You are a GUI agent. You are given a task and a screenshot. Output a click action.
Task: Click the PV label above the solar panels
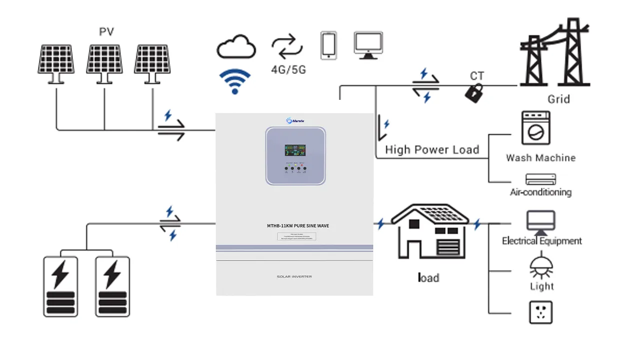tap(106, 32)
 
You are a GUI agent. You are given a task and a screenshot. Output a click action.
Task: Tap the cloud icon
tap(236, 47)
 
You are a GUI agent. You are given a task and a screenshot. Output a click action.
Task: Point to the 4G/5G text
tap(288, 69)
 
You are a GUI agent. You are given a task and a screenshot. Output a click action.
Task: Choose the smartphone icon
tap(328, 45)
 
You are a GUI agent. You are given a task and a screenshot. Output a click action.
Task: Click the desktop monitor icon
tap(368, 45)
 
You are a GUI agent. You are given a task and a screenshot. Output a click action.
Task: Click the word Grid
tap(559, 99)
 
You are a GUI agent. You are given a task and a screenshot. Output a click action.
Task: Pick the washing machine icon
tap(536, 128)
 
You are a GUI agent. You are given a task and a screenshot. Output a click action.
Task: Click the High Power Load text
tap(432, 149)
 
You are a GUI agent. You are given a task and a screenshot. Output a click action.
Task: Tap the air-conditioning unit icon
tap(540, 179)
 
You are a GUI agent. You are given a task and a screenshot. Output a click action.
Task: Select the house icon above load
tap(430, 232)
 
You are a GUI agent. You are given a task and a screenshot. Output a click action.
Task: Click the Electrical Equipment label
tap(542, 241)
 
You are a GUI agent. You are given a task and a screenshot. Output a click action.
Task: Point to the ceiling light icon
tap(541, 267)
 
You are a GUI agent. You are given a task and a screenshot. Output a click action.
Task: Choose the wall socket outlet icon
tap(540, 312)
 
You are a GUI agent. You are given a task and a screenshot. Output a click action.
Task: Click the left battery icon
tap(60, 286)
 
